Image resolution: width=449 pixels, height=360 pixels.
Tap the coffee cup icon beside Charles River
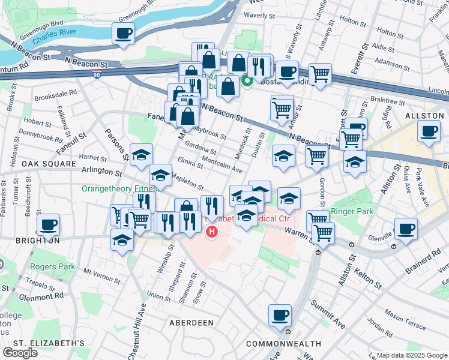pyautogui.click(x=123, y=34)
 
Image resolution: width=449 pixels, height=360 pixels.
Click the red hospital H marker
pyautogui.click(x=211, y=231)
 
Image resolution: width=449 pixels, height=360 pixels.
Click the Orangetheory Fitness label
pyautogui.click(x=115, y=188)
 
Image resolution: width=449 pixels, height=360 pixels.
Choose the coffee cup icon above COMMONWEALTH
pyautogui.click(x=279, y=315)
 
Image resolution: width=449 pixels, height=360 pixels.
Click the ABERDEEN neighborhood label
pyautogui.click(x=193, y=322)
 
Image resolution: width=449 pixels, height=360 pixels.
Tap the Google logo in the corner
pyautogui.click(x=20, y=353)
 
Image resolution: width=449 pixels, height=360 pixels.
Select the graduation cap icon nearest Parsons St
pyautogui.click(x=141, y=155)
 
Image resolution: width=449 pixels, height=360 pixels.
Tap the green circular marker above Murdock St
pyautogui.click(x=246, y=82)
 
